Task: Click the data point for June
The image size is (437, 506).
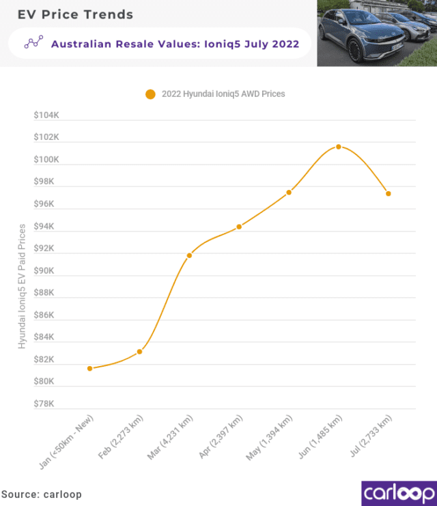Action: [x=338, y=147]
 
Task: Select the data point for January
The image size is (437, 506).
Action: [x=89, y=369]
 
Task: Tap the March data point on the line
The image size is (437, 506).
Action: [x=189, y=255]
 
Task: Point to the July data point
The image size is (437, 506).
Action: [x=388, y=193]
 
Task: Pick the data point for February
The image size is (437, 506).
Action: [x=139, y=352]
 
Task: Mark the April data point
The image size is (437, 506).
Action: [x=239, y=227]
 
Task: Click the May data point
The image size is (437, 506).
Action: [x=289, y=192]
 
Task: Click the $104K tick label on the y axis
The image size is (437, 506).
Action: [x=46, y=115]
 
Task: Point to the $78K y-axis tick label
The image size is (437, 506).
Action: [x=46, y=404]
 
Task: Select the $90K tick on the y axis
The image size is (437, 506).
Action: [x=46, y=270]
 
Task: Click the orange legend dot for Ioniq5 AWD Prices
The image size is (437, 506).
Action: [x=150, y=94]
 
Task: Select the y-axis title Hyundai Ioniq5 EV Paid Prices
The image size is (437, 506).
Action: [x=22, y=285]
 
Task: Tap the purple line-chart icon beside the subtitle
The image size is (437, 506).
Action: [x=33, y=43]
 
